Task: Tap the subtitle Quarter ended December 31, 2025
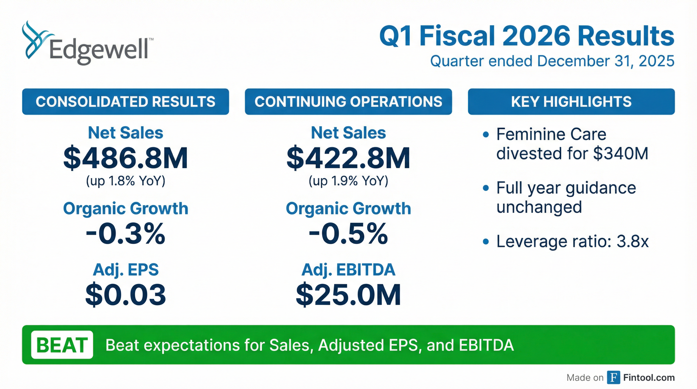[552, 61]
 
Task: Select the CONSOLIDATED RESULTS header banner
[126, 102]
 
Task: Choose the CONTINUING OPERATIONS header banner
[348, 102]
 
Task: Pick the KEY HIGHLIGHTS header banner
[571, 102]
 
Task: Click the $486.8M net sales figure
[126, 158]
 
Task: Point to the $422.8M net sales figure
[348, 158]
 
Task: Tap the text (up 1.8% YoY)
[126, 181]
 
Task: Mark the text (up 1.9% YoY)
[348, 181]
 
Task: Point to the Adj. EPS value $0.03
[126, 295]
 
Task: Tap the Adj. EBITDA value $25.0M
[348, 295]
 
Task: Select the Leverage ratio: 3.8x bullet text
[572, 241]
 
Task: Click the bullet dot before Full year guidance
[486, 188]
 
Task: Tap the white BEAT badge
[62, 345]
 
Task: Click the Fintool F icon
[613, 377]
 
